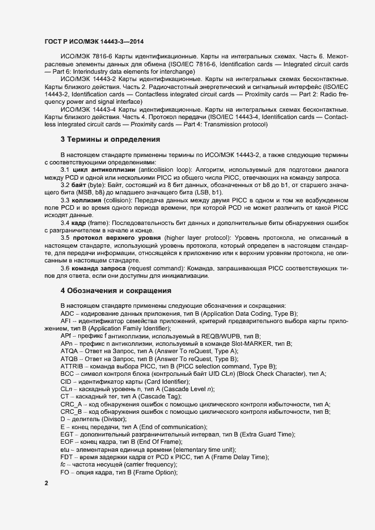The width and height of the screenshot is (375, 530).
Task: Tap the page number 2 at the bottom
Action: click(47, 483)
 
